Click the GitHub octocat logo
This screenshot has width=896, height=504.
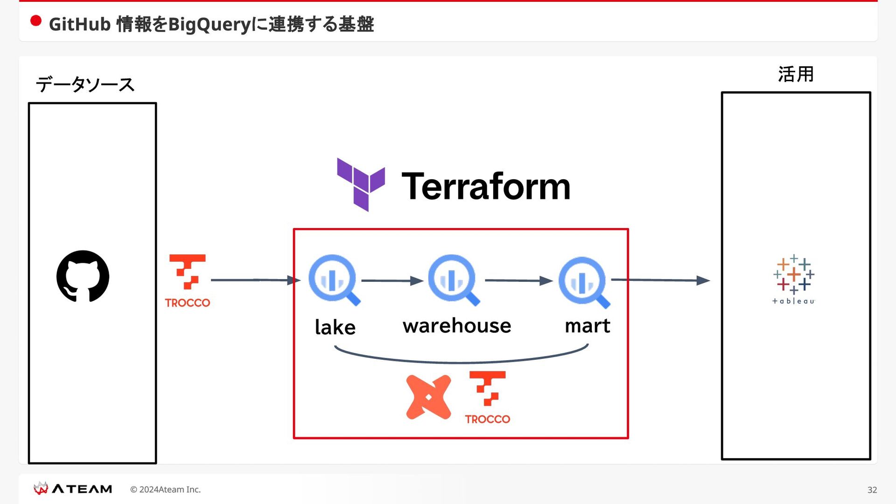(83, 276)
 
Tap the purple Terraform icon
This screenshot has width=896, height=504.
(361, 184)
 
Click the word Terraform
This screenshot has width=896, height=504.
(486, 186)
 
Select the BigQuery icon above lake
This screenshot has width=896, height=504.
(334, 280)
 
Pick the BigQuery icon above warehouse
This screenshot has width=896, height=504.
(454, 280)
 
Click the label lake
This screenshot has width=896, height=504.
(335, 327)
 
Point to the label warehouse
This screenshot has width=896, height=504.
(457, 325)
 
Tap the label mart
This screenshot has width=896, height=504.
(588, 326)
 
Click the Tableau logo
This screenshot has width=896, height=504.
(793, 280)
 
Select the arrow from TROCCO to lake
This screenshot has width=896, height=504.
(256, 280)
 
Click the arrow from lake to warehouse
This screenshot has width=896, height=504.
(392, 280)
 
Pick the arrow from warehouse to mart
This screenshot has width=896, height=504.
(519, 280)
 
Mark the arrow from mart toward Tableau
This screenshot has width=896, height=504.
(661, 280)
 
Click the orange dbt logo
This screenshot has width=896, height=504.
(428, 397)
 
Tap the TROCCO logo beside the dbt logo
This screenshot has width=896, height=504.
(488, 397)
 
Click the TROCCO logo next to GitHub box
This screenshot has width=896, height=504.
(188, 280)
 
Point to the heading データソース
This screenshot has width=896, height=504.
(85, 84)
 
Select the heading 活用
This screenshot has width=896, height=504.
(796, 74)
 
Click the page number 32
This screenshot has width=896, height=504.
(872, 490)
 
